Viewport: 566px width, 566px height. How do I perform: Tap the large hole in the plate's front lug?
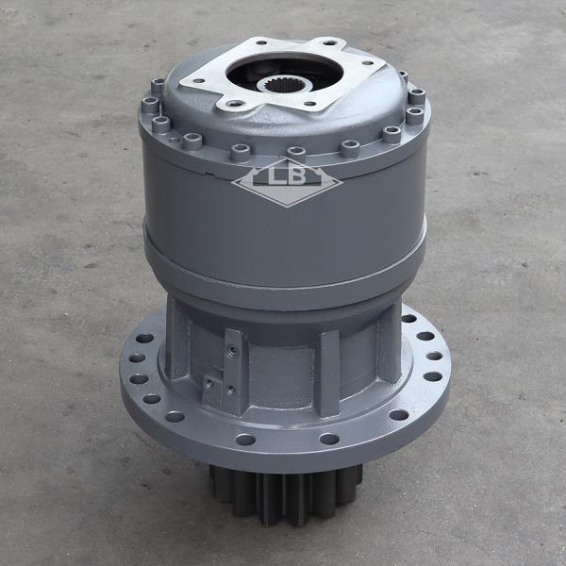tap(226, 104)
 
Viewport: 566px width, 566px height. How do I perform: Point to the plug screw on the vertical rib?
tap(231, 351)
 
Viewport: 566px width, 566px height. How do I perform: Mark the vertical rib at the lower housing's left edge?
tap(175, 335)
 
